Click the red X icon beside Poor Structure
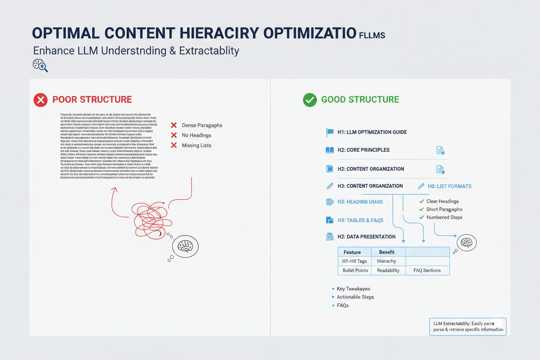pos(40,100)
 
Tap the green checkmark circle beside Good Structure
pos(310,100)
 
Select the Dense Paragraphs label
pos(202,125)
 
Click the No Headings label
pos(196,135)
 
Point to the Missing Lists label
pos(196,145)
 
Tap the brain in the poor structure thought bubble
pos(185,246)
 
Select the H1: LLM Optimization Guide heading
pos(372,132)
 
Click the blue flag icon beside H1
pos(330,132)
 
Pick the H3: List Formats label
pos(450,186)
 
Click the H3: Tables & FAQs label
pos(360,220)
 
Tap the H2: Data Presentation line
pos(366,237)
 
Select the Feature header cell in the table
pos(352,252)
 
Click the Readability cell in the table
pos(388,270)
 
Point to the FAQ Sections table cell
pos(427,270)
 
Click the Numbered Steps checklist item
pos(444,217)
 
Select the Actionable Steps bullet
pos(355,297)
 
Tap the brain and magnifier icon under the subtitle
pos(40,65)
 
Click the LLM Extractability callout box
pos(468,327)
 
